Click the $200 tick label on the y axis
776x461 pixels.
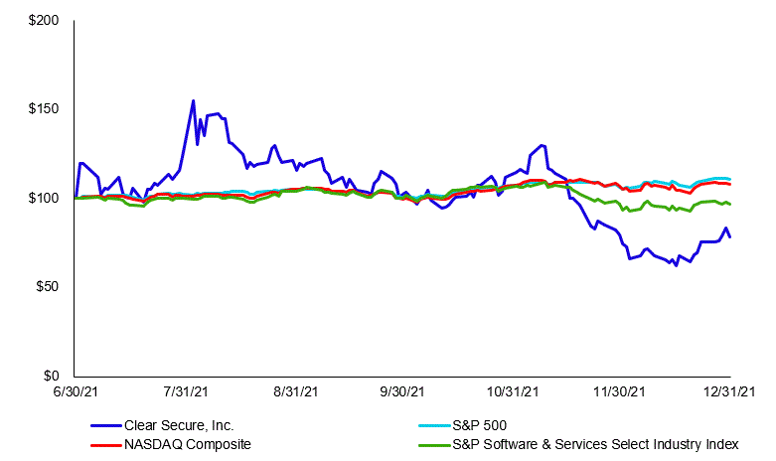click(44, 21)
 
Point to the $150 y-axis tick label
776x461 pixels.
click(44, 109)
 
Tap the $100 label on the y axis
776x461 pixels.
click(44, 198)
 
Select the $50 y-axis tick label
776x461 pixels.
click(47, 287)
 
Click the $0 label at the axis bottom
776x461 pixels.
click(51, 376)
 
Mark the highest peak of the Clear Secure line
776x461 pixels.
click(193, 100)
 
